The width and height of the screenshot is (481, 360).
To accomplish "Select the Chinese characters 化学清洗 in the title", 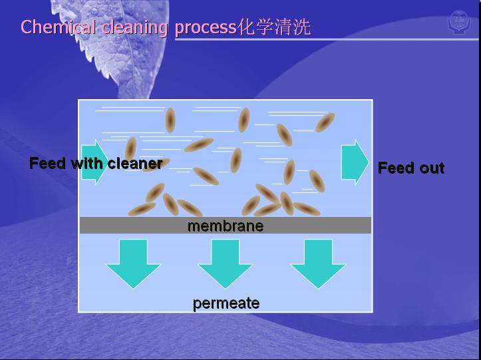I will pos(274,27).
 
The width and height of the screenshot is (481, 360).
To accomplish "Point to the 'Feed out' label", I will pos(410,168).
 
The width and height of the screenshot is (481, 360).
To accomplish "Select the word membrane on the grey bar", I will pos(226,226).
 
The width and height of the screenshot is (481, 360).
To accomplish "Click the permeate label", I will pos(226,303).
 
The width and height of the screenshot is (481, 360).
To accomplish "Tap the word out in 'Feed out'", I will pos(431,168).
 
